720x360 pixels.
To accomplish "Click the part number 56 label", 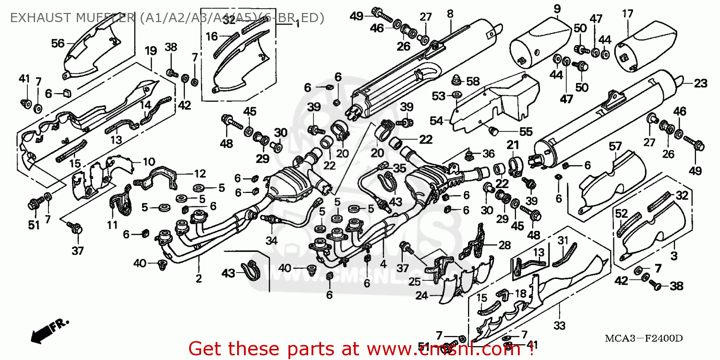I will point(58,43).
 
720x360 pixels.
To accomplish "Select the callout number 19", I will point(151,50).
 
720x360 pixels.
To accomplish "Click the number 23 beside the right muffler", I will point(700,84).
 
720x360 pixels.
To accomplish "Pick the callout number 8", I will point(450,14).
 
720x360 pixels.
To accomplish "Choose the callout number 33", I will point(559,325).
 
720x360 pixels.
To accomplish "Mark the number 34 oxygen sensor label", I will point(272,240).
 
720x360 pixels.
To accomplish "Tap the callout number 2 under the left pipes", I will point(199,279).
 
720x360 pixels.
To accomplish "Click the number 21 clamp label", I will point(513,145).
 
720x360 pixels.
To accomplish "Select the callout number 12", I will point(200,174).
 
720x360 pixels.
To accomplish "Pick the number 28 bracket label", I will point(504,245).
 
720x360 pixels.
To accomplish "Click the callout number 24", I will point(421,296).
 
